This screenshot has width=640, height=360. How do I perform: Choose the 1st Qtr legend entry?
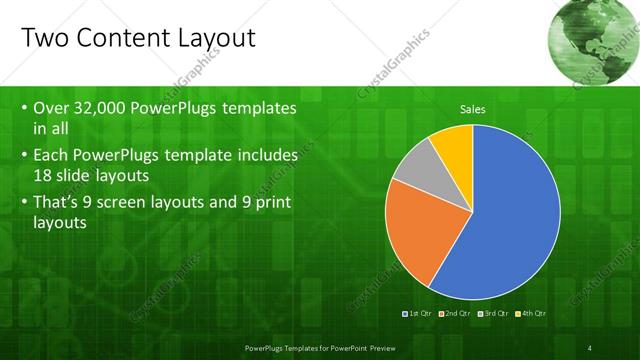(x=416, y=313)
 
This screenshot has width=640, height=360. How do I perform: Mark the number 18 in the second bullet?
(x=44, y=177)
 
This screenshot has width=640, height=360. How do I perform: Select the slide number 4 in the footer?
(x=590, y=347)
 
